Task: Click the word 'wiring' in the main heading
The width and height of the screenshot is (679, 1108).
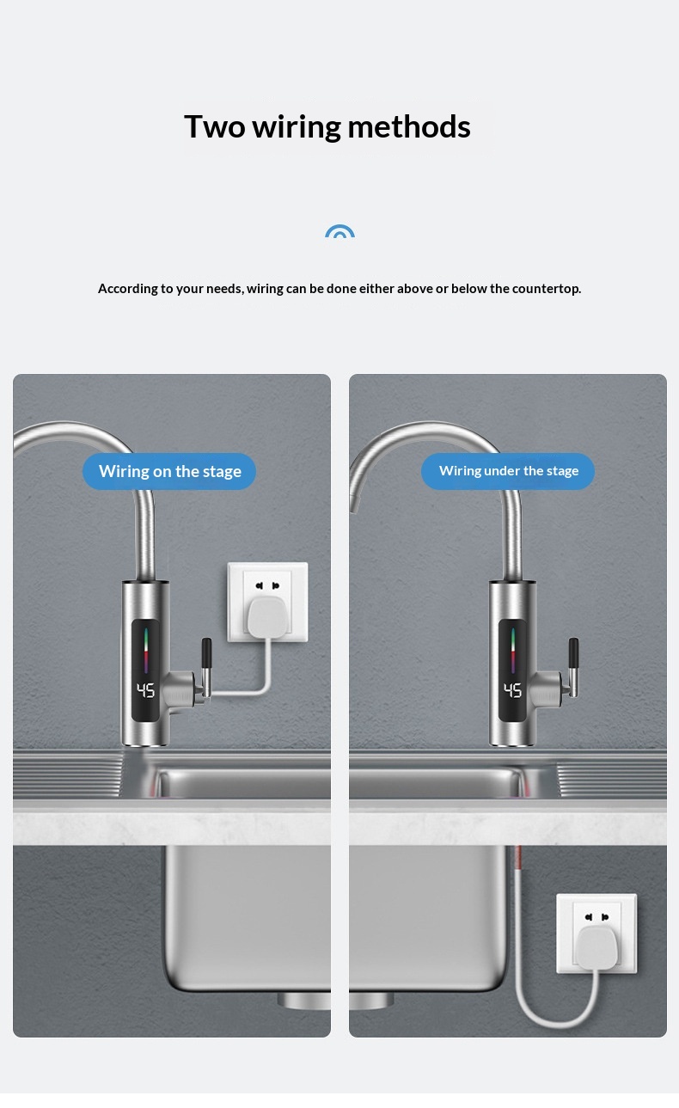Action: (297, 128)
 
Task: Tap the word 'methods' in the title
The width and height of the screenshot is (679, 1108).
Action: (409, 126)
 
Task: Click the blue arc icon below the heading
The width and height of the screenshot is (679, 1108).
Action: (339, 231)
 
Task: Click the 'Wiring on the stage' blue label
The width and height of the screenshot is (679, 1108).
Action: (169, 471)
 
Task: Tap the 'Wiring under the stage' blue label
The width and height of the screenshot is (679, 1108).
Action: (508, 471)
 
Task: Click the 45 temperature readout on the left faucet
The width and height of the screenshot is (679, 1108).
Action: (145, 690)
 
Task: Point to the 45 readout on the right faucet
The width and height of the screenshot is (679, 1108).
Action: (512, 690)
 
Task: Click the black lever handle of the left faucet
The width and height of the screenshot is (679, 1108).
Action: (206, 652)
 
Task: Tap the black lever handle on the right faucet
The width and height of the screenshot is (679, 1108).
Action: (573, 652)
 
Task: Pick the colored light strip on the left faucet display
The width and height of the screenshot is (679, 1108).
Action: (146, 651)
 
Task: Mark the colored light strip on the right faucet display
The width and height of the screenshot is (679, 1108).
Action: (513, 651)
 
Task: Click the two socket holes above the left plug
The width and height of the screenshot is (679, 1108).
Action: (266, 585)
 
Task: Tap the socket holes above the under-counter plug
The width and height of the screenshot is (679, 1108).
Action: (596, 916)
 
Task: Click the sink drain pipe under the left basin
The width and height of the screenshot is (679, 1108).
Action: (303, 1001)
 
